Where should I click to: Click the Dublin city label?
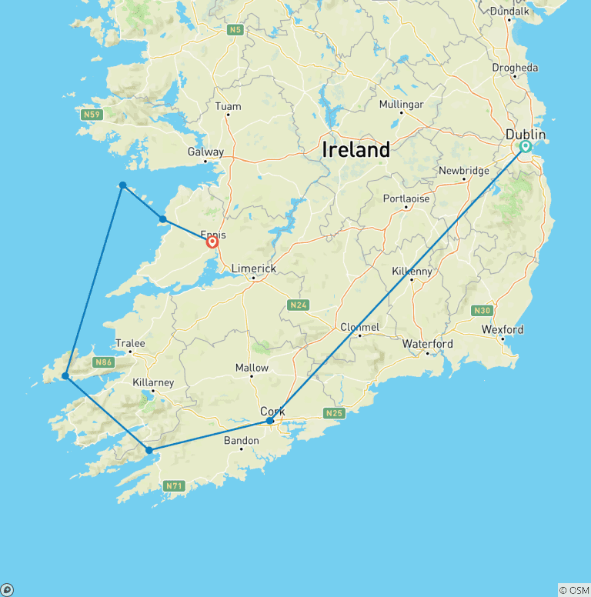point(526,135)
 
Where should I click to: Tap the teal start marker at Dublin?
point(526,146)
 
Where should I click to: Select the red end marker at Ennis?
point(212,242)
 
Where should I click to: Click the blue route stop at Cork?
point(270,421)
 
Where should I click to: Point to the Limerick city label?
point(253,268)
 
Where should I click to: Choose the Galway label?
point(205,152)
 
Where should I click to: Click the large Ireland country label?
point(356,149)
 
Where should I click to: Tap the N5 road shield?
point(235,30)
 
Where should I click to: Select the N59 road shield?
point(92,115)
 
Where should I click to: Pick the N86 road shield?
point(103,362)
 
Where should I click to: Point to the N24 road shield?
point(299,305)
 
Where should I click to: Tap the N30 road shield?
point(482,310)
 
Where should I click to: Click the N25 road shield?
point(333,414)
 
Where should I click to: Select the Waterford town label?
point(428,343)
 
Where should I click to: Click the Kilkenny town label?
point(412,272)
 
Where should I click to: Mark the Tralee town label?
point(130,343)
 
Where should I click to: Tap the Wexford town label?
point(503,329)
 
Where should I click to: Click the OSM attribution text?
point(573,590)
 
